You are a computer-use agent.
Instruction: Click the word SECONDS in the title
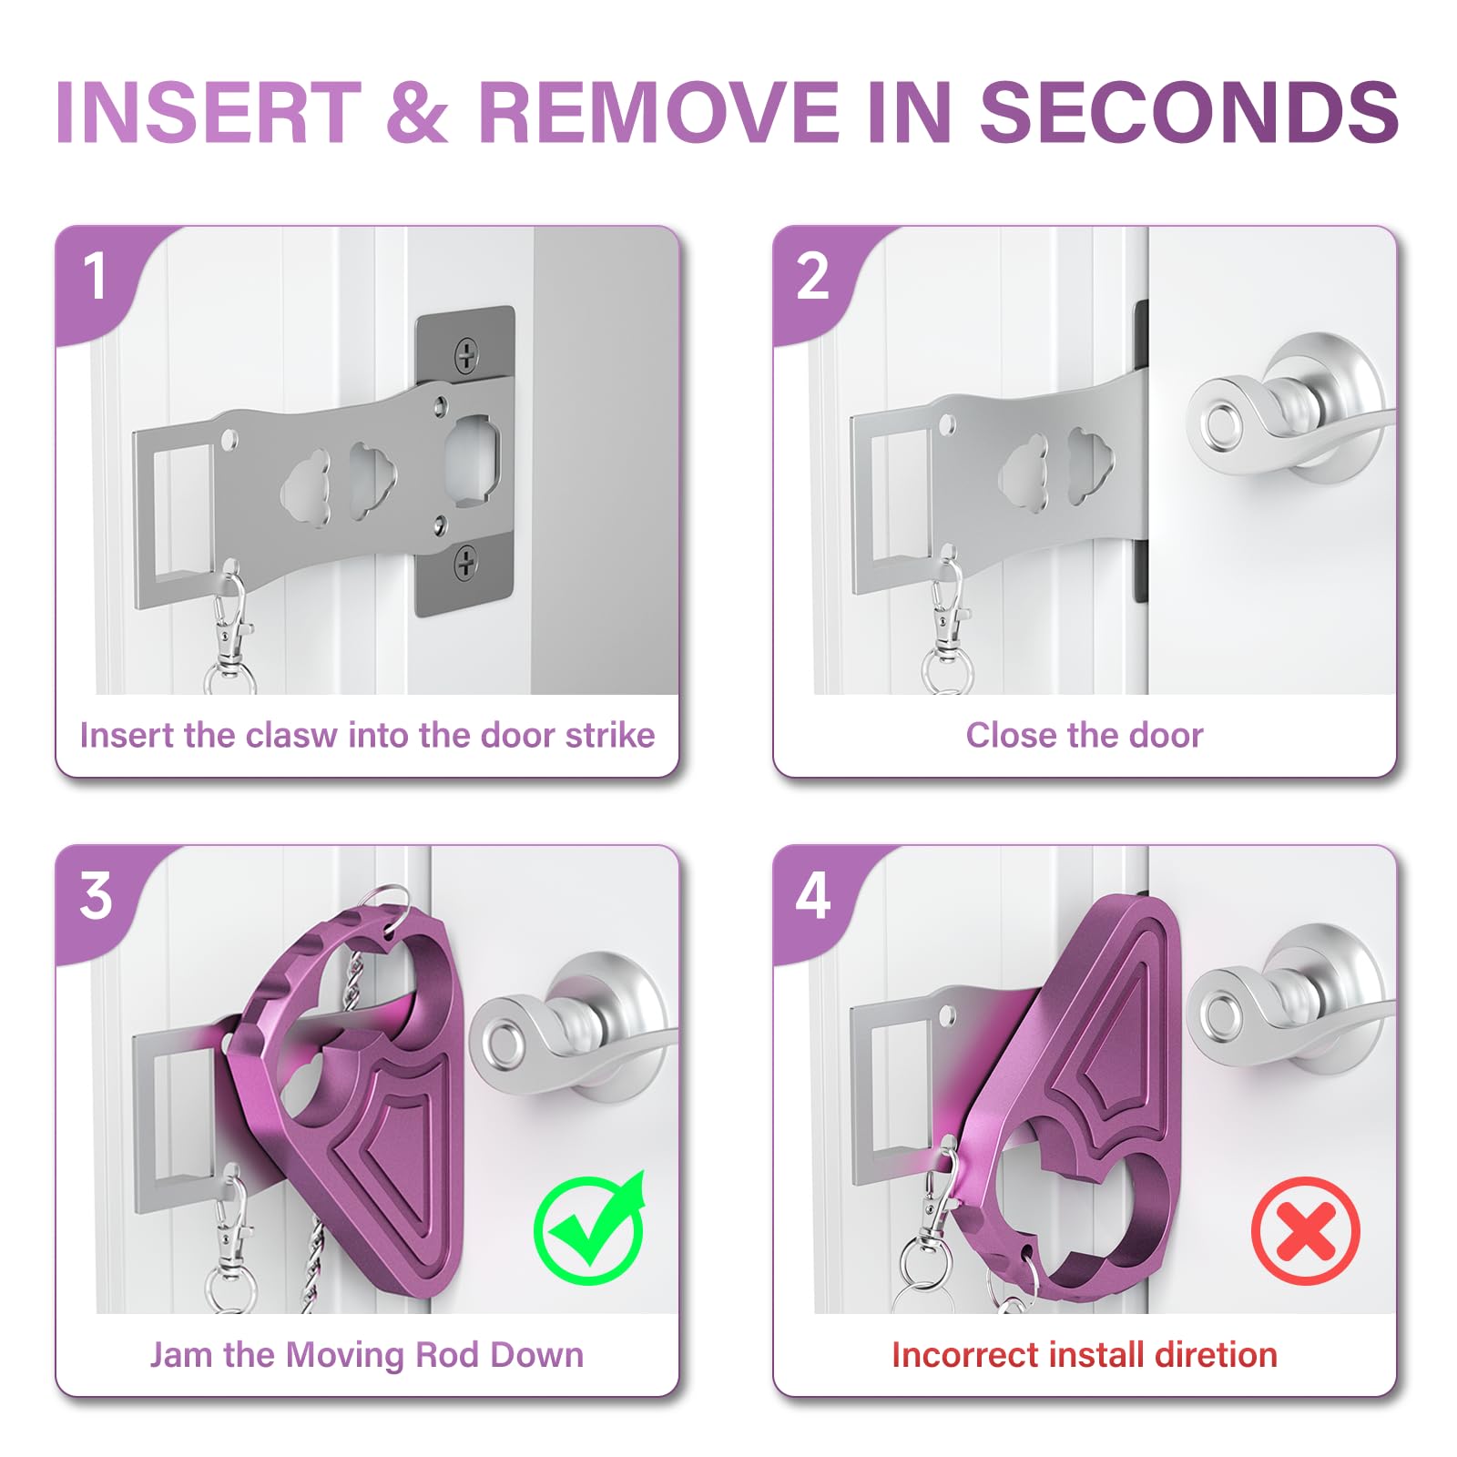(1188, 112)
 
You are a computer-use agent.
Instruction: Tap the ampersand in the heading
(417, 112)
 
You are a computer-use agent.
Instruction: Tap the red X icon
(1305, 1230)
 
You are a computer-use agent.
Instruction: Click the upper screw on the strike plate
(466, 354)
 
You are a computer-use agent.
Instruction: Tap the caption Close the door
(1084, 735)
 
